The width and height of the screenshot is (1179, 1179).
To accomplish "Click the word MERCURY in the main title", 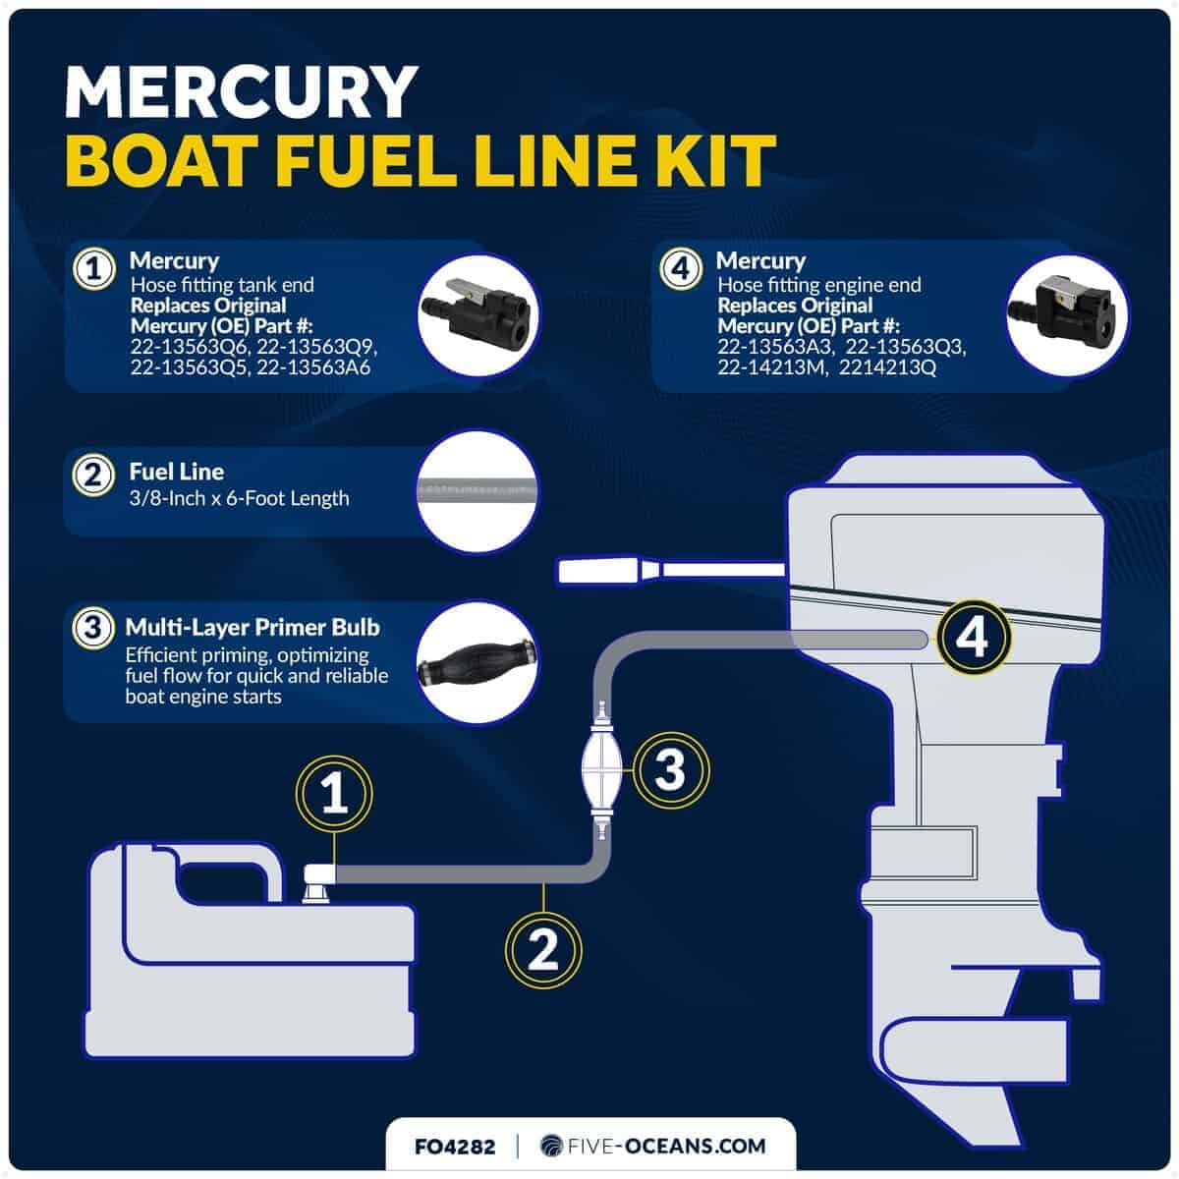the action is tap(241, 92).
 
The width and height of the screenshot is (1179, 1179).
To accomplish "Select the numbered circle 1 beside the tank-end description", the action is tap(93, 268).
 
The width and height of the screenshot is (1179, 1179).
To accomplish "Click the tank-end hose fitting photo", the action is tap(478, 315).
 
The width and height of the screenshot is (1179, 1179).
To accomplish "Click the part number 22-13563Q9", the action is tap(316, 347).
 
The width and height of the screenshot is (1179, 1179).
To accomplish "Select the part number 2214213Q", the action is tap(887, 367).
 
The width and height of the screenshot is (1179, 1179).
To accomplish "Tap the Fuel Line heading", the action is tap(176, 472).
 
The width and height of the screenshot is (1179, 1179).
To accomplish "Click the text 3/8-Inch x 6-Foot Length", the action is tap(239, 499).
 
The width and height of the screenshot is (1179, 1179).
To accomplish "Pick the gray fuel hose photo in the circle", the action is tap(477, 491).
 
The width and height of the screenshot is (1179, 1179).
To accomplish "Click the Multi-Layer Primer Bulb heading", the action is tap(253, 627).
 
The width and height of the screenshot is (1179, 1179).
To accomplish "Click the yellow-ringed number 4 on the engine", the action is tap(973, 638).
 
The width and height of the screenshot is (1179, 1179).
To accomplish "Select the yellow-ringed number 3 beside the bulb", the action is tap(671, 769).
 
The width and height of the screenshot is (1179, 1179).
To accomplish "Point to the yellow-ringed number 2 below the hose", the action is tap(543, 950).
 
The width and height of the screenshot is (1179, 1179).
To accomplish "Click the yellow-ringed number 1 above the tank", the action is tap(334, 794).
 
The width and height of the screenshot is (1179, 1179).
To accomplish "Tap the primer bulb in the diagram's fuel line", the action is tap(602, 770).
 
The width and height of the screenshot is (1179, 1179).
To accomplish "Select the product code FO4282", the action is tap(455, 1146).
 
